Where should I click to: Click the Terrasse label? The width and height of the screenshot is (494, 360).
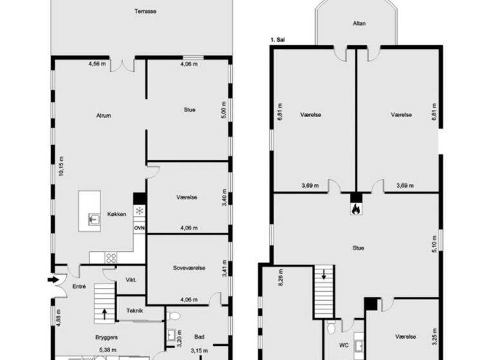[x=146, y=11]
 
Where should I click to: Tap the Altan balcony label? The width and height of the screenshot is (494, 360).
[x=359, y=24]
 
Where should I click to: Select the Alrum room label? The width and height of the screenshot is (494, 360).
[x=104, y=116]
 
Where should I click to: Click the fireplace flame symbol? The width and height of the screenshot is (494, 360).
[x=356, y=208]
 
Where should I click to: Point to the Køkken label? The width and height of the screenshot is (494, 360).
[x=117, y=214]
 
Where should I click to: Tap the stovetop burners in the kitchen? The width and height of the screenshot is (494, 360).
[x=111, y=258]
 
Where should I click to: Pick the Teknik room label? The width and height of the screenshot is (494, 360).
[x=134, y=310]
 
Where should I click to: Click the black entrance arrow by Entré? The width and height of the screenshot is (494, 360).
[x=51, y=280]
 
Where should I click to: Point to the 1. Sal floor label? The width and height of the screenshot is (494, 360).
[x=278, y=40]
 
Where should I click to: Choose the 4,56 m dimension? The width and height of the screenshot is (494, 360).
[x=96, y=64]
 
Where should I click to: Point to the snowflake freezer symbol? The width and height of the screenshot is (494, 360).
[x=139, y=211]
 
